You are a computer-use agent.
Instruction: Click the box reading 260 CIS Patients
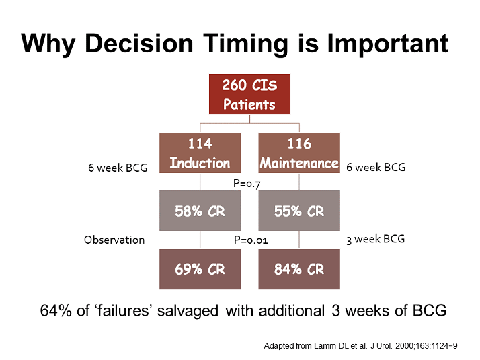(x=249, y=94)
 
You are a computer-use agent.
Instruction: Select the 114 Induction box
(x=200, y=153)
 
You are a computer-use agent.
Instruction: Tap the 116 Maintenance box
(x=299, y=153)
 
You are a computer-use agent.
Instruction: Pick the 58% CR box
(x=200, y=211)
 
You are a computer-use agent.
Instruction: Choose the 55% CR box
(x=299, y=211)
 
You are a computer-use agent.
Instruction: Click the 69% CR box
(x=200, y=269)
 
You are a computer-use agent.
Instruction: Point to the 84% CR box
(x=299, y=269)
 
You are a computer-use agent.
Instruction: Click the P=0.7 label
(x=247, y=184)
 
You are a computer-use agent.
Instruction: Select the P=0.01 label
(x=251, y=240)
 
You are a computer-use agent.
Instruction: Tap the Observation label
(x=114, y=240)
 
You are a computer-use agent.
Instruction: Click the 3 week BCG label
(x=375, y=239)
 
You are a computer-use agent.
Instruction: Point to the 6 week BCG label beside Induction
(x=118, y=168)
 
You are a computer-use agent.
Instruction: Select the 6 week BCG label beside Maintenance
(x=376, y=167)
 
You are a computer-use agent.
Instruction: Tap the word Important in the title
(x=387, y=43)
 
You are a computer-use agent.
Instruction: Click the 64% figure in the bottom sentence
(x=56, y=310)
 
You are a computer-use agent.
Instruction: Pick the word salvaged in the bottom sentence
(x=188, y=311)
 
